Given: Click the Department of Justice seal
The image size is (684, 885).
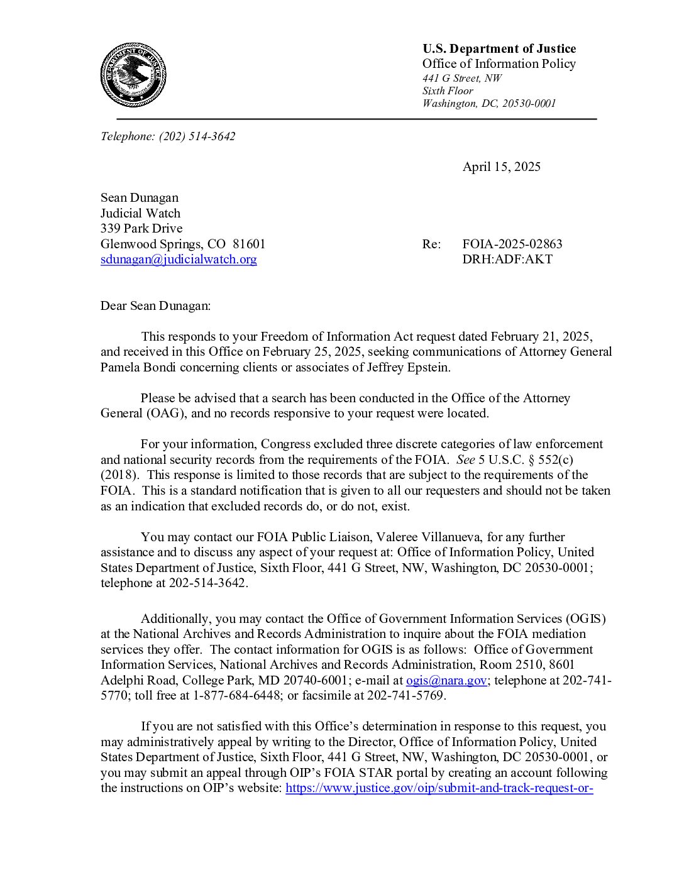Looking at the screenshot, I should tap(133, 75).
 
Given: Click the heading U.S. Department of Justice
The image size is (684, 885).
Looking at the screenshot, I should tap(499, 48).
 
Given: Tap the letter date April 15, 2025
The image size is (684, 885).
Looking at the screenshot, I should tap(501, 167).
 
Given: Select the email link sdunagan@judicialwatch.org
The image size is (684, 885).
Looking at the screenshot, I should tap(179, 259).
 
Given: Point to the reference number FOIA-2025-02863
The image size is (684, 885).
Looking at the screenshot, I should tap(512, 244).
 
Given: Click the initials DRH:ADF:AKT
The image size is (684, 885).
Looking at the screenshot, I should tap(507, 259).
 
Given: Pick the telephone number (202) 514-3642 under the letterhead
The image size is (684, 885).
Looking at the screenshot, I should tap(197, 136).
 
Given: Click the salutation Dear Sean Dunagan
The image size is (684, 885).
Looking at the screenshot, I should tap(155, 305).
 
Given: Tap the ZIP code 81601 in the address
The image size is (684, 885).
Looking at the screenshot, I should tap(249, 244).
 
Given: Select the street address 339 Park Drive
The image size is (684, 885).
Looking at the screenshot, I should tap(141, 228).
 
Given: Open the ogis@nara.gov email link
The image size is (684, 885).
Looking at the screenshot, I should tap(446, 680).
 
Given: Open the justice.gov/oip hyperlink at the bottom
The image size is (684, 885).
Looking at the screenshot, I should tap(439, 788).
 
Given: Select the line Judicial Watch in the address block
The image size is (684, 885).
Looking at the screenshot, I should tap(140, 213).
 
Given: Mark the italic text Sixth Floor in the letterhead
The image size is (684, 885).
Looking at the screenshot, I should tap(447, 91).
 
